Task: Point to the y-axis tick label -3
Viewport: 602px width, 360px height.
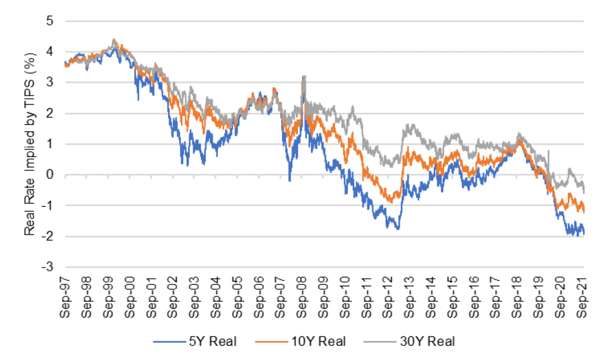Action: click(53, 266)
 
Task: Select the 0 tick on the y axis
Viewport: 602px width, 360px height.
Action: click(55, 175)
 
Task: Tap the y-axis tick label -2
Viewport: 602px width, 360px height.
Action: click(53, 236)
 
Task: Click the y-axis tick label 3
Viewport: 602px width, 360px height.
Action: click(55, 82)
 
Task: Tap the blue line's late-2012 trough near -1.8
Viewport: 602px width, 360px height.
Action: click(398, 229)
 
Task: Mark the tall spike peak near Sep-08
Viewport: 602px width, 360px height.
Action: click(303, 76)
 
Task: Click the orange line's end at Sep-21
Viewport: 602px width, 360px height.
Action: click(584, 211)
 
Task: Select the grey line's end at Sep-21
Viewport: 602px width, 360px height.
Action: click(584, 191)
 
